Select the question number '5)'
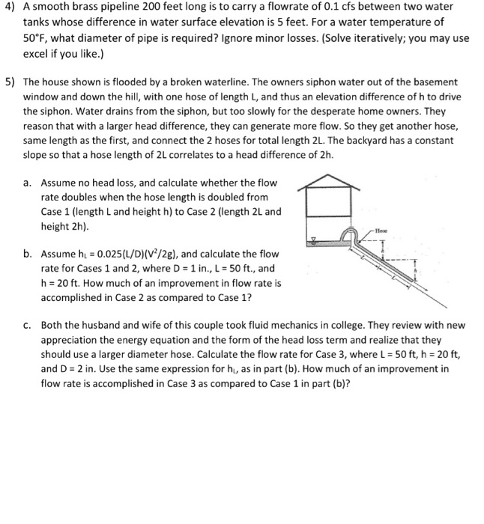pyautogui.click(x=11, y=80)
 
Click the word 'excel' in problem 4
pyautogui.click(x=37, y=53)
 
